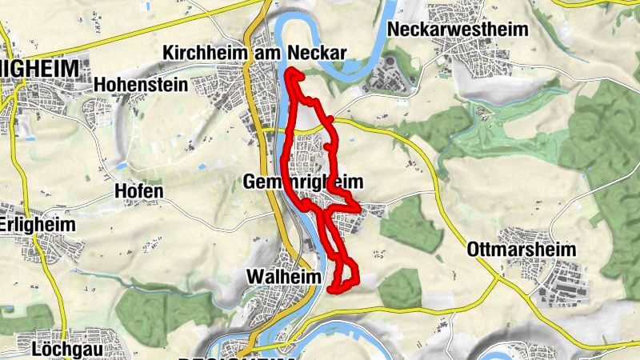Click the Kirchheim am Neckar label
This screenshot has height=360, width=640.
(x=254, y=53)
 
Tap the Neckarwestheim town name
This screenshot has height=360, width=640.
(x=458, y=30)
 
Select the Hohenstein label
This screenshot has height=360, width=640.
(x=140, y=84)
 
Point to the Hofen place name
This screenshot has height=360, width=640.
(x=138, y=191)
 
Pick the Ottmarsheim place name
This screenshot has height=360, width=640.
(x=521, y=249)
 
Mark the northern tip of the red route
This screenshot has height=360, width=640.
(x=290, y=72)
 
